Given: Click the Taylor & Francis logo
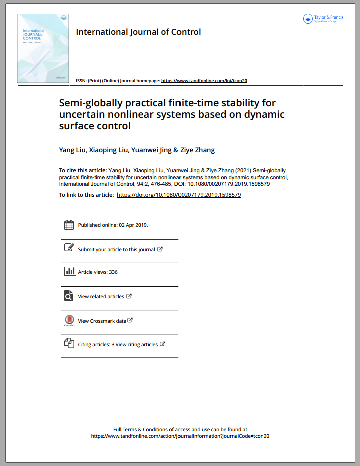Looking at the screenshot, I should click(x=324, y=19).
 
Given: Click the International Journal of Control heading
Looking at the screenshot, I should click(x=138, y=32).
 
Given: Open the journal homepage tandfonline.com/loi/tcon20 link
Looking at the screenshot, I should click(x=204, y=80).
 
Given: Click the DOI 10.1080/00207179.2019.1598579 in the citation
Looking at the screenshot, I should click(x=229, y=184).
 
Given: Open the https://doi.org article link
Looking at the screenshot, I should click(x=178, y=195).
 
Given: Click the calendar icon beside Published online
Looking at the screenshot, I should click(x=69, y=225).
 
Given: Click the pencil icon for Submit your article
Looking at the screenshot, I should click(x=69, y=248).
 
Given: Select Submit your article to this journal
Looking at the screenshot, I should click(x=116, y=249).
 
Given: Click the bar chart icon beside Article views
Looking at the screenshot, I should click(x=69, y=271).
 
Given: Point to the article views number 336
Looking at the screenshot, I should click(x=113, y=272).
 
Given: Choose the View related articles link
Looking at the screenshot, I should click(x=101, y=296).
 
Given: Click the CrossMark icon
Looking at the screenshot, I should click(x=69, y=320).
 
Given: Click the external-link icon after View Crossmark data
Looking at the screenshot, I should click(x=130, y=320).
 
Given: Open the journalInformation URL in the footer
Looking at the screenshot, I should click(x=180, y=436).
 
